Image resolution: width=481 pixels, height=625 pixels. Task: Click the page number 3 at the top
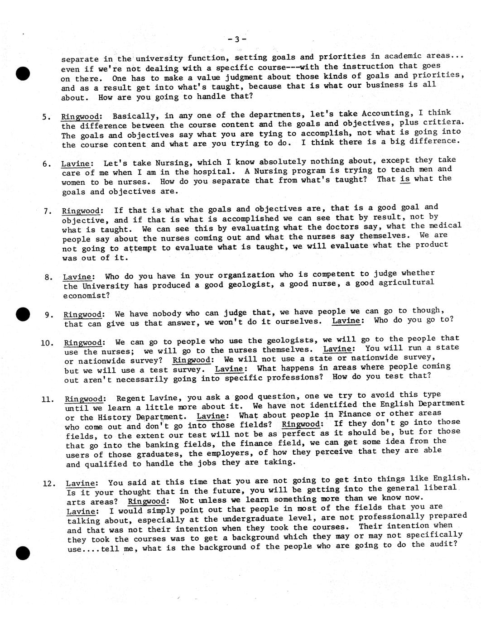[237, 39]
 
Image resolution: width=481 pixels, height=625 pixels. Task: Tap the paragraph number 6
[47, 163]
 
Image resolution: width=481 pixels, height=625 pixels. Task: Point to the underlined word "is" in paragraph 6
[405, 178]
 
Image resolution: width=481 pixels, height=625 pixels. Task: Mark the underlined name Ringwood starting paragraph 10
[83, 342]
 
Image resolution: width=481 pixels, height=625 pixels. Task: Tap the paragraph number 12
[48, 483]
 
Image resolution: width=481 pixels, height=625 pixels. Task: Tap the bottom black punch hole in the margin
[22, 553]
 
